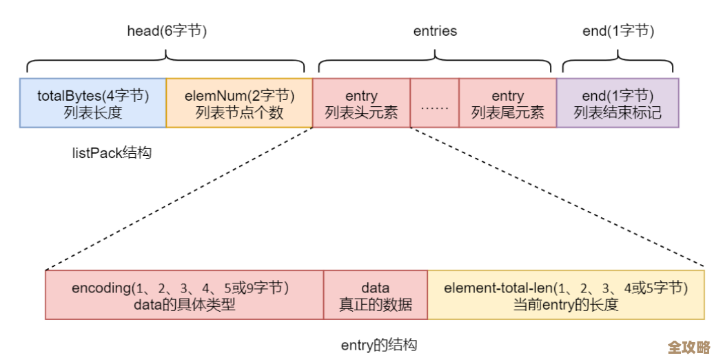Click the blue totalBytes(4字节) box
(93, 103)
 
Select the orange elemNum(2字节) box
(239, 103)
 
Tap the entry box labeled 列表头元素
(361, 103)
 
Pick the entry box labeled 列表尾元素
(507, 103)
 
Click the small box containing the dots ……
(434, 103)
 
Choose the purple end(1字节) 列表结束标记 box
(618, 103)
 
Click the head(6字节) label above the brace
(167, 31)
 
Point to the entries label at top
(435, 31)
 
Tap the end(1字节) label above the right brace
(618, 31)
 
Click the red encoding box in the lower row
(184, 295)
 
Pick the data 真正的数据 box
(376, 295)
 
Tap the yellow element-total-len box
(566, 295)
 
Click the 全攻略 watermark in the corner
(688, 346)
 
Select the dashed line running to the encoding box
(179, 199)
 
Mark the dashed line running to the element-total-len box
(558, 199)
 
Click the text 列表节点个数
(239, 112)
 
